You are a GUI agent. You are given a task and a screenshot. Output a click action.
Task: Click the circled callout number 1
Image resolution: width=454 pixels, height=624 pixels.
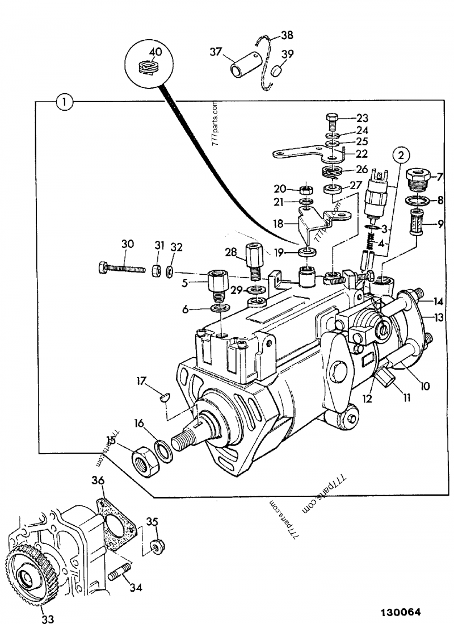point(65,102)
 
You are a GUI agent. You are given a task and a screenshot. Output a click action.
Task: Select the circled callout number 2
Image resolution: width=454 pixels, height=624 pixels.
point(401,154)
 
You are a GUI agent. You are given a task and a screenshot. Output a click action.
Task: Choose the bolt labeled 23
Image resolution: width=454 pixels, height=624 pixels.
point(333,121)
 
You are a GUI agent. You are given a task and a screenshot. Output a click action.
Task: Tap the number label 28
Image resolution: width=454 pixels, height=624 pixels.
point(230,252)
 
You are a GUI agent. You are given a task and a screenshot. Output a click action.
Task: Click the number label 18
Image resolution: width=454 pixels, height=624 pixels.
point(278,224)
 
